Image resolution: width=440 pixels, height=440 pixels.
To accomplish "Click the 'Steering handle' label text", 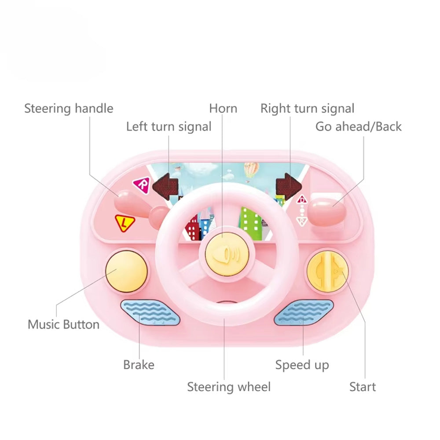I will point(69,109).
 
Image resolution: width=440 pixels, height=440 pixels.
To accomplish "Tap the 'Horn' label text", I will point(223,109).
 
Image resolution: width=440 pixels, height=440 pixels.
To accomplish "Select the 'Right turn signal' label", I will point(307,109).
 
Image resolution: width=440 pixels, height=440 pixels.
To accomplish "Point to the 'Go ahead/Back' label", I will point(358,127).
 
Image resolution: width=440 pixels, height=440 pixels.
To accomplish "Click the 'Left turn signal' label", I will point(169,127).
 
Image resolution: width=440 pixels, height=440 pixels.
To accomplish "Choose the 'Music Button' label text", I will point(63,325).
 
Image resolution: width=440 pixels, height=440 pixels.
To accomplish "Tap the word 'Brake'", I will point(139,365).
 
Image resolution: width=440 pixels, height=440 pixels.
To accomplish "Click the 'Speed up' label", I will point(302,365).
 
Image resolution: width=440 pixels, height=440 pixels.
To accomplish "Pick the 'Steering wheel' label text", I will point(229,387).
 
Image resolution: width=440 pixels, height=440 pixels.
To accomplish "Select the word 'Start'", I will point(363,387).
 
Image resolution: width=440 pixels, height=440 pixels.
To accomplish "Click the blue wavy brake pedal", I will point(150,313).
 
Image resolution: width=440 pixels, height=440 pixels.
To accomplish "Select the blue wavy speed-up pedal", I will point(304,313).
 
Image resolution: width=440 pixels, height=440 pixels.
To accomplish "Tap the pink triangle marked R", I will point(142,185).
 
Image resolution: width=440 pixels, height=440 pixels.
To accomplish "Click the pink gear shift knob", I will point(327,212).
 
